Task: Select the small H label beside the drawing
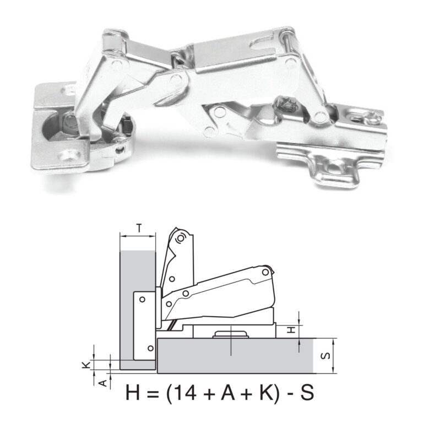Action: [294, 329]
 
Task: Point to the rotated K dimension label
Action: [86, 365]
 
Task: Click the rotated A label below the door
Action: [102, 381]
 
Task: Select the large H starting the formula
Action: [134, 393]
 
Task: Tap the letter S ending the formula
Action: [306, 393]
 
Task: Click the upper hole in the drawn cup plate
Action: [143, 299]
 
